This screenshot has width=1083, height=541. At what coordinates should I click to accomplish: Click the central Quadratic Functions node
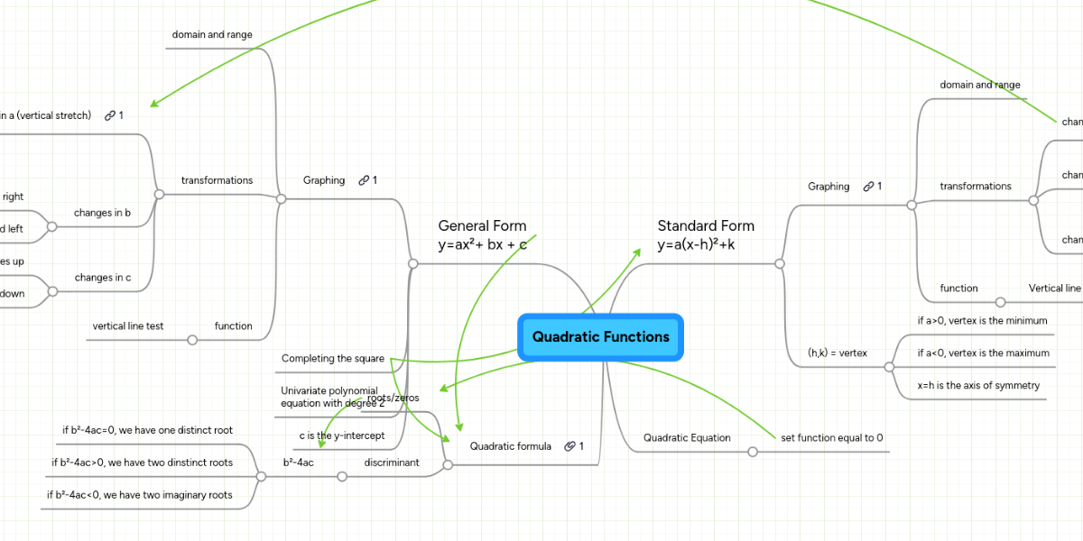[x=600, y=337]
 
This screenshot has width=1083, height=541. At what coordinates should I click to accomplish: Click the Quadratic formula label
[x=510, y=446]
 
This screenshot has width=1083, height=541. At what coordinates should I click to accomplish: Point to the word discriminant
[x=392, y=463]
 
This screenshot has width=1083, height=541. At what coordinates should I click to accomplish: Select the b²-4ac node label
[x=298, y=463]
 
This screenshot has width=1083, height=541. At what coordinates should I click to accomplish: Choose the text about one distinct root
[x=147, y=430]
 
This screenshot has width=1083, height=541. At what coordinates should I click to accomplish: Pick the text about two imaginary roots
[x=139, y=495]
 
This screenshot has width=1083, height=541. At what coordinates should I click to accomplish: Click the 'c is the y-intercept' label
[x=342, y=436]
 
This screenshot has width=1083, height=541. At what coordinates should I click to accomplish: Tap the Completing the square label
[x=333, y=359]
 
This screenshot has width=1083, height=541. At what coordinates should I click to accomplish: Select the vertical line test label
[x=128, y=326]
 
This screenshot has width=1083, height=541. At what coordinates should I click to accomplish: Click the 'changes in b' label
[x=102, y=213]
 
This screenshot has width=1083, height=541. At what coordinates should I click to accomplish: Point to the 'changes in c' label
[x=102, y=278]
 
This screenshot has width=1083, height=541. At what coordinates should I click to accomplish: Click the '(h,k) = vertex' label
[x=837, y=353]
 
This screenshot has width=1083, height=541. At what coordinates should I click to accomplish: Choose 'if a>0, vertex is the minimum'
[x=982, y=320]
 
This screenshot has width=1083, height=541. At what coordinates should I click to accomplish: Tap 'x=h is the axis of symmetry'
[x=977, y=385]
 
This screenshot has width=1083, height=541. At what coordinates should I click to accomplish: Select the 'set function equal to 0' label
[x=831, y=437]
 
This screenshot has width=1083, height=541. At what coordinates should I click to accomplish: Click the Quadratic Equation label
[x=687, y=437]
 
